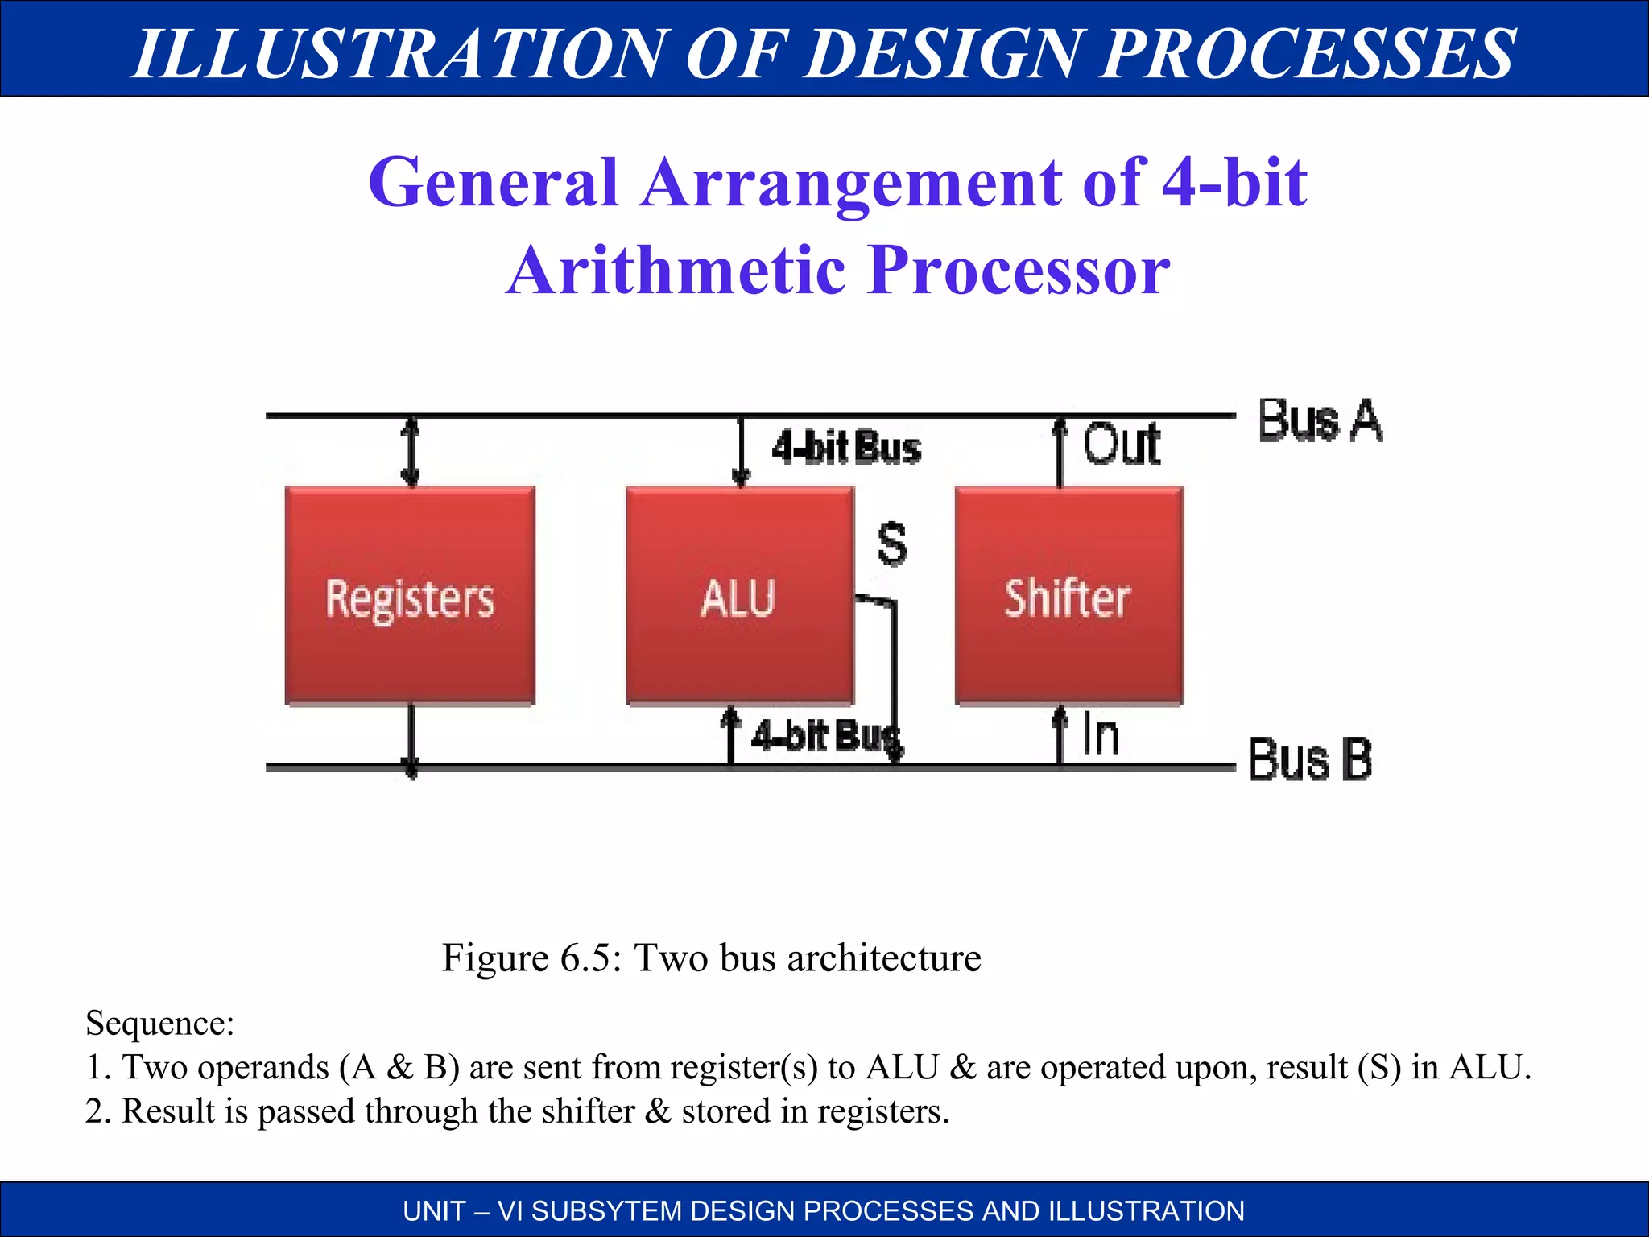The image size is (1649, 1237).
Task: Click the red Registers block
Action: pos(410,596)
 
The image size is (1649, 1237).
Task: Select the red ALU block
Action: pos(739,596)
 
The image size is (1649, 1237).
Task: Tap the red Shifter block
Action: pos(1068,596)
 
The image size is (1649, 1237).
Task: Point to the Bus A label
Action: pos(1320,421)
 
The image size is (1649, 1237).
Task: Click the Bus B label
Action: pos(1310,759)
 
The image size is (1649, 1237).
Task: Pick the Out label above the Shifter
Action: pos(1122,445)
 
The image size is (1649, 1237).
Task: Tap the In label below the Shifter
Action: pos(1101,734)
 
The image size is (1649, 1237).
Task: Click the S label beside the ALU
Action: pos(892,544)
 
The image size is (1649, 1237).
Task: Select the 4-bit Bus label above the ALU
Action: pos(845,448)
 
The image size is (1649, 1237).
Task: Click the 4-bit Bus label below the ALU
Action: pos(823,736)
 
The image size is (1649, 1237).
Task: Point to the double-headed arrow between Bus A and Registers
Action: pos(411,451)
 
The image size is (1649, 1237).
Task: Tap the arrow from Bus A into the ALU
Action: pos(740,451)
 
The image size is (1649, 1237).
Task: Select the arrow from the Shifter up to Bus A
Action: pos(1060,451)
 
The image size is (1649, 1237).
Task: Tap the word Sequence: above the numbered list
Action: pos(159,1024)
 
